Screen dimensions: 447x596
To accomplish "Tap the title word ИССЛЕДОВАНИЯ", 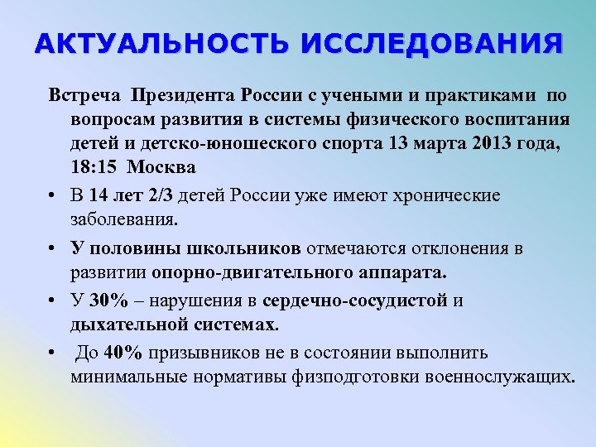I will pyautogui.click(x=430, y=44).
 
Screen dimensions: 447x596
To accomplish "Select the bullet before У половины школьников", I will pyautogui.click(x=52, y=249).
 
